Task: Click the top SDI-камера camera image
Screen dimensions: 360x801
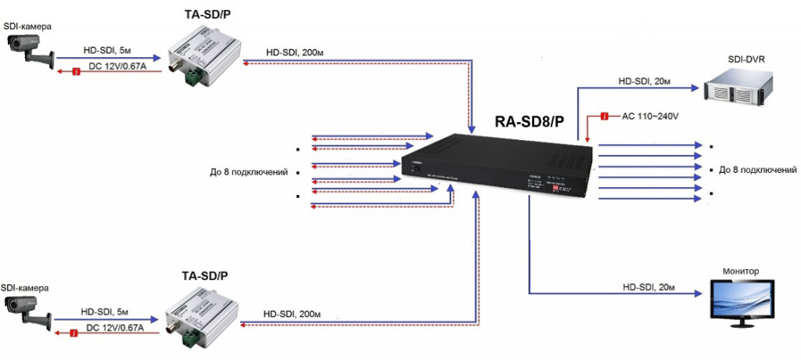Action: (x=29, y=49)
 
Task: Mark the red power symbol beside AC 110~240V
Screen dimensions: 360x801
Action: (x=605, y=117)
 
